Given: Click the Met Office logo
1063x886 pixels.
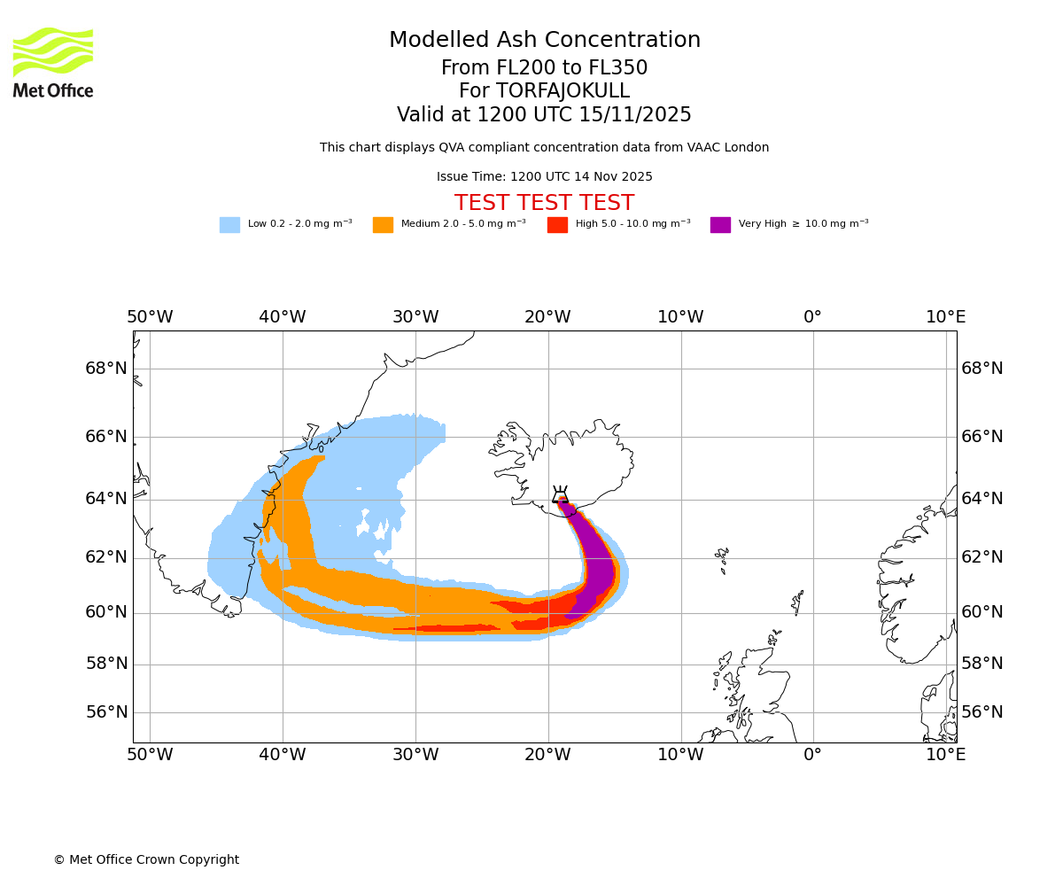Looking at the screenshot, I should (x=53, y=62).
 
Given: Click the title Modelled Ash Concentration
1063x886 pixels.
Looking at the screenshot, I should (x=545, y=41).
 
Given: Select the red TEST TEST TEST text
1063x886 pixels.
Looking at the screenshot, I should (x=544, y=203).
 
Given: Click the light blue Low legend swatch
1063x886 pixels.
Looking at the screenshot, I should (x=229, y=224).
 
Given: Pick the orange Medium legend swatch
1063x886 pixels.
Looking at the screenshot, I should (x=383, y=224).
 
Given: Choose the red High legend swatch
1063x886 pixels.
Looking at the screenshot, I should (x=557, y=224).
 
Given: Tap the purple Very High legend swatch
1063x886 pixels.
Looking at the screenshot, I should (x=720, y=224).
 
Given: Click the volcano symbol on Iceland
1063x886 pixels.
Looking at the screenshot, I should (x=560, y=495).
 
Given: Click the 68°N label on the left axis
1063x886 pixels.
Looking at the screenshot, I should (x=106, y=369).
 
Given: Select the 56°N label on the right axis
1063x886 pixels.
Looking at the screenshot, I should (x=982, y=712).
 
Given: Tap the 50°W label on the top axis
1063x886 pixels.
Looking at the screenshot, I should (x=150, y=317).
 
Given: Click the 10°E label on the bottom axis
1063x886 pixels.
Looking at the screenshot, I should (x=945, y=755).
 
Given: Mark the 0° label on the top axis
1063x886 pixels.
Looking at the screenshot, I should (x=812, y=317).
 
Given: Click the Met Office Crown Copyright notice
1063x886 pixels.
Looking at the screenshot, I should (x=146, y=859).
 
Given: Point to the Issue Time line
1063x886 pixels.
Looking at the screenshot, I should (x=544, y=177).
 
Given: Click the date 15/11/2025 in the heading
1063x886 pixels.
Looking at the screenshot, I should (x=635, y=115).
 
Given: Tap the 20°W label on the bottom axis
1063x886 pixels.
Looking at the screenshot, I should (x=547, y=755).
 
